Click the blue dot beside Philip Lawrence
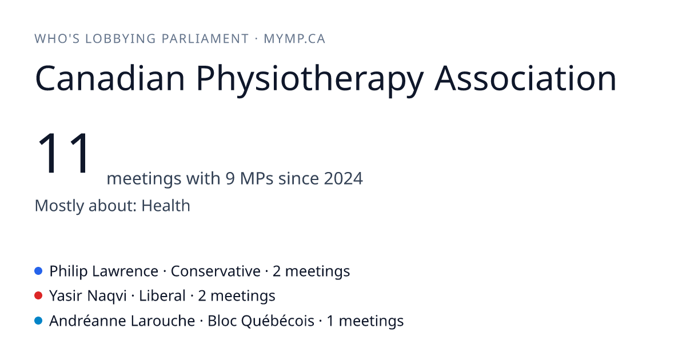38,271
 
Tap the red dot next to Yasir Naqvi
38,296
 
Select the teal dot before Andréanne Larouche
38,321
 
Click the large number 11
63,153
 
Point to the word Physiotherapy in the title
310,79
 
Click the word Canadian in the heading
110,78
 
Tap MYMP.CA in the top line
294,39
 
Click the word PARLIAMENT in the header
205,39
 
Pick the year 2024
344,178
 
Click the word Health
166,205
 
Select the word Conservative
216,271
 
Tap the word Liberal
162,296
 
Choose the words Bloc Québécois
261,321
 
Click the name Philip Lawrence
104,271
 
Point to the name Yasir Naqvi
88,297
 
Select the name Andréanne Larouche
122,321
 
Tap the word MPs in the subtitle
257,178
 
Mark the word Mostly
59,206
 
